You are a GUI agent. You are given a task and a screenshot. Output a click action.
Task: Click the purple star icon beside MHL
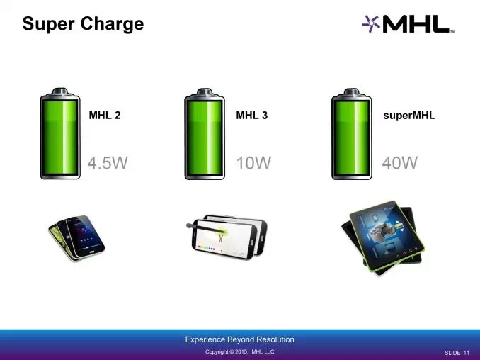(371, 23)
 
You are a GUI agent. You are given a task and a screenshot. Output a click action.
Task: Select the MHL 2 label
(105, 116)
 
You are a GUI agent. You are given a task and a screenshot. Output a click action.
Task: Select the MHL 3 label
(251, 116)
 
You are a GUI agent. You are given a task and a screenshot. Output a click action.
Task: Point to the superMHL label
(409, 116)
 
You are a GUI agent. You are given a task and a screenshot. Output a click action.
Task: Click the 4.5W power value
(108, 163)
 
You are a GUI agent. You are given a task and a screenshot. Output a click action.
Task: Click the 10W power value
(253, 163)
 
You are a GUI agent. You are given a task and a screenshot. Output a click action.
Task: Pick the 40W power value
(400, 163)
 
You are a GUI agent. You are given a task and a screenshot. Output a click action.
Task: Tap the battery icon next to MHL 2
(60, 134)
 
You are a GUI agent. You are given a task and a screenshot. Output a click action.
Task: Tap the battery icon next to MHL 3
(205, 134)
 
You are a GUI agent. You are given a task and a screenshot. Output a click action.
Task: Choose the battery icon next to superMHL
(351, 134)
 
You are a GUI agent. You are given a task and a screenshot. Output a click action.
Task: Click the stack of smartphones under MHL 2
(76, 238)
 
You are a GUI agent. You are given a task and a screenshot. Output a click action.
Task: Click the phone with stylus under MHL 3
(227, 237)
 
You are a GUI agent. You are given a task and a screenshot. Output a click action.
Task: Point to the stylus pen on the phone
(207, 229)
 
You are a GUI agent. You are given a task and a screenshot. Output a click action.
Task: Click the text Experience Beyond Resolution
(240, 339)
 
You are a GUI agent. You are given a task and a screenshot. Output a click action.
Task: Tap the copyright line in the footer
(240, 351)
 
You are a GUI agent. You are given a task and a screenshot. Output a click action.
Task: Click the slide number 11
(467, 353)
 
